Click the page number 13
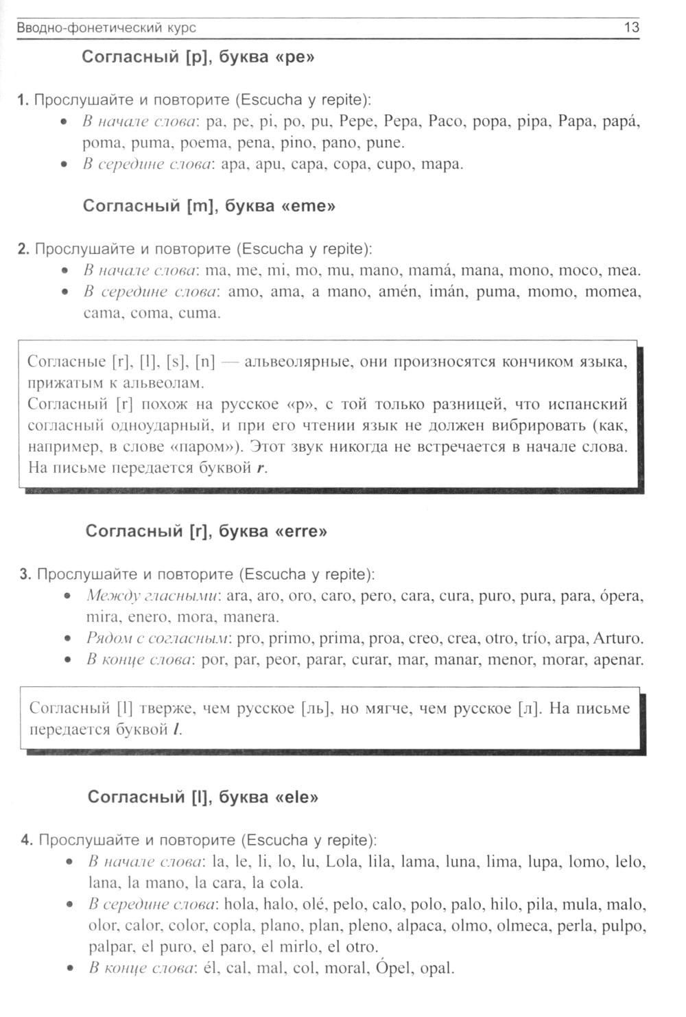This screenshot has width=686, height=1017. click(631, 27)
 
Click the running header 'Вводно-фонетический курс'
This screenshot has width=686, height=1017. click(106, 28)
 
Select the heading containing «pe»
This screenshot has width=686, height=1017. click(198, 57)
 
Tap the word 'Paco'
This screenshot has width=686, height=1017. click(445, 121)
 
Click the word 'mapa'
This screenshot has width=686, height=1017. click(441, 164)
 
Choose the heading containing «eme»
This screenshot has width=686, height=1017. click(209, 206)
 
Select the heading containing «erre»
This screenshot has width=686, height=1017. click(206, 531)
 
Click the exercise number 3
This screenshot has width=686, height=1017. click(25, 574)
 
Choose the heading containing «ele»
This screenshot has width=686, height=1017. click(203, 797)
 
